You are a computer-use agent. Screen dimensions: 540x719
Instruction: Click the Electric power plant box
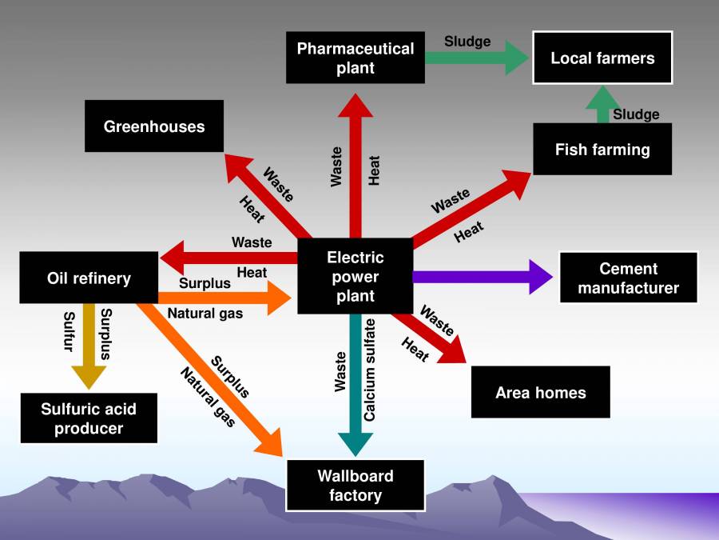[x=355, y=277]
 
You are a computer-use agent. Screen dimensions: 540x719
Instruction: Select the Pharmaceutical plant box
[x=355, y=58]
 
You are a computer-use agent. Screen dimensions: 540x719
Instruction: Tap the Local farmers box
[x=602, y=58]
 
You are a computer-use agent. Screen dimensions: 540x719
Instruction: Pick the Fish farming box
[x=602, y=149]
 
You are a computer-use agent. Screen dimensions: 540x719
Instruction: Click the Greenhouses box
[x=154, y=126]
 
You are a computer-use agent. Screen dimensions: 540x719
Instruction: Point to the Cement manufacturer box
[x=628, y=278]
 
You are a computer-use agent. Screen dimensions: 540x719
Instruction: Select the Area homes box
[x=540, y=392]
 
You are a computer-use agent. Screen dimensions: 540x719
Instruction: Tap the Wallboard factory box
[x=355, y=485]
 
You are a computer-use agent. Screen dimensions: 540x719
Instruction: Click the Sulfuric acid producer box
[x=89, y=418]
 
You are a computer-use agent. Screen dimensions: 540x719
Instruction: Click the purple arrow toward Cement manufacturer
[x=479, y=277]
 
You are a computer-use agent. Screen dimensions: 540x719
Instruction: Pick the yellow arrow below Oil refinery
[x=89, y=344]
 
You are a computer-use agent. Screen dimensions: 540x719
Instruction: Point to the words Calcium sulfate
[x=370, y=369]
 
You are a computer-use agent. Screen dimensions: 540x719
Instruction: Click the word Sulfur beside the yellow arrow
[x=70, y=331]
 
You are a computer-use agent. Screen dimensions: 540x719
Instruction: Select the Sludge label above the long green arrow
[x=467, y=42]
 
